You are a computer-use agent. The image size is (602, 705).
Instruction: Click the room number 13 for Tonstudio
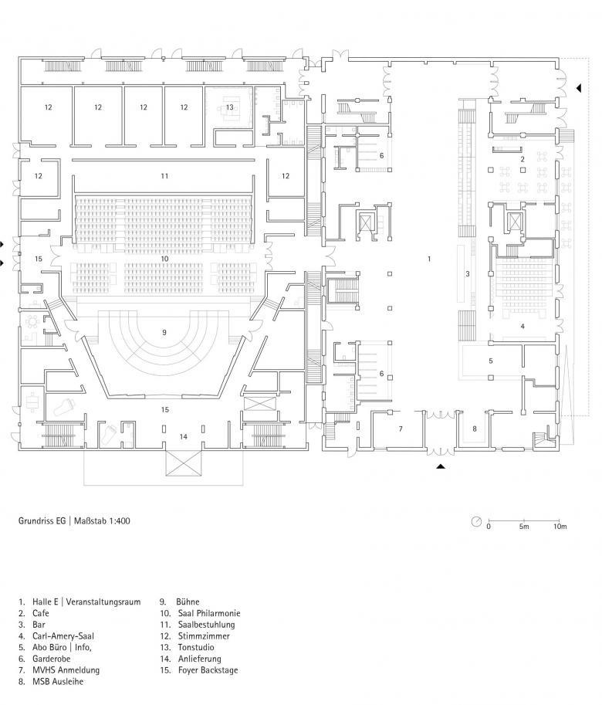229,107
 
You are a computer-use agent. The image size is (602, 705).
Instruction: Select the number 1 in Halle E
429,259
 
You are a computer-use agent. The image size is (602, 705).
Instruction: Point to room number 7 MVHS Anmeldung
401,428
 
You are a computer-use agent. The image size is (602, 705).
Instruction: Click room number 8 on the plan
475,428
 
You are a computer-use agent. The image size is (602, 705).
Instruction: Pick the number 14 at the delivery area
183,437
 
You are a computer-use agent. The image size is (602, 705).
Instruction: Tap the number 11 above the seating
164,176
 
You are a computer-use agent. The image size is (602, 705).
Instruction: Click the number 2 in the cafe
523,159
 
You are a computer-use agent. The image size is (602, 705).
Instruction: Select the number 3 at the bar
467,273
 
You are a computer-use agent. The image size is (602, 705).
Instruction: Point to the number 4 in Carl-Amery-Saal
523,327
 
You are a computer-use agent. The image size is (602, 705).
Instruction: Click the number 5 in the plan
490,361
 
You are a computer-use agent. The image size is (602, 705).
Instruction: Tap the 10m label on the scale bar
560,527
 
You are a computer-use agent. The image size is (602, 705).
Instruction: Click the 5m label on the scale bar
524,527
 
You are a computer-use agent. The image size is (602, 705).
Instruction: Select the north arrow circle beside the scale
476,520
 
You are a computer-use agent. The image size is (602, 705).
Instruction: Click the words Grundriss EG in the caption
42,520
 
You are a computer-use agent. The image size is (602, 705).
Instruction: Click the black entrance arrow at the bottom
441,467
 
